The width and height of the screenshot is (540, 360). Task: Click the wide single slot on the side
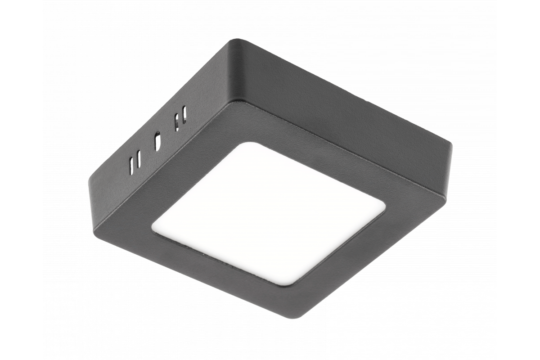tap(157, 141)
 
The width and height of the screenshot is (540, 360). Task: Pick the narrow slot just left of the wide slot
tap(139, 158)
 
